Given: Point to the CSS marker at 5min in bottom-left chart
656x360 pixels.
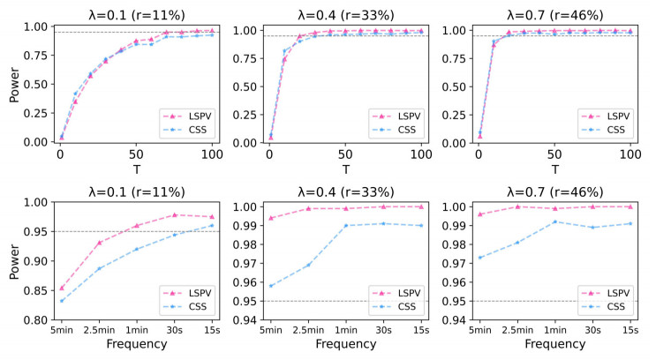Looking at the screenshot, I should pyautogui.click(x=61, y=301).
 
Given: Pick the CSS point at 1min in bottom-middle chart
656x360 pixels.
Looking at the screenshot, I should pyautogui.click(x=346, y=225).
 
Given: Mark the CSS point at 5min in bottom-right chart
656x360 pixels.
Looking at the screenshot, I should pyautogui.click(x=479, y=258).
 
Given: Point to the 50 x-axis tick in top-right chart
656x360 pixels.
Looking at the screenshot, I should pyautogui.click(x=554, y=155).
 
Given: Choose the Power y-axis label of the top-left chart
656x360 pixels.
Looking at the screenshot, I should pyautogui.click(x=11, y=84).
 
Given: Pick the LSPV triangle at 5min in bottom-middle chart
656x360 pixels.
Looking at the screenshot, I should pyautogui.click(x=270, y=218).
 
